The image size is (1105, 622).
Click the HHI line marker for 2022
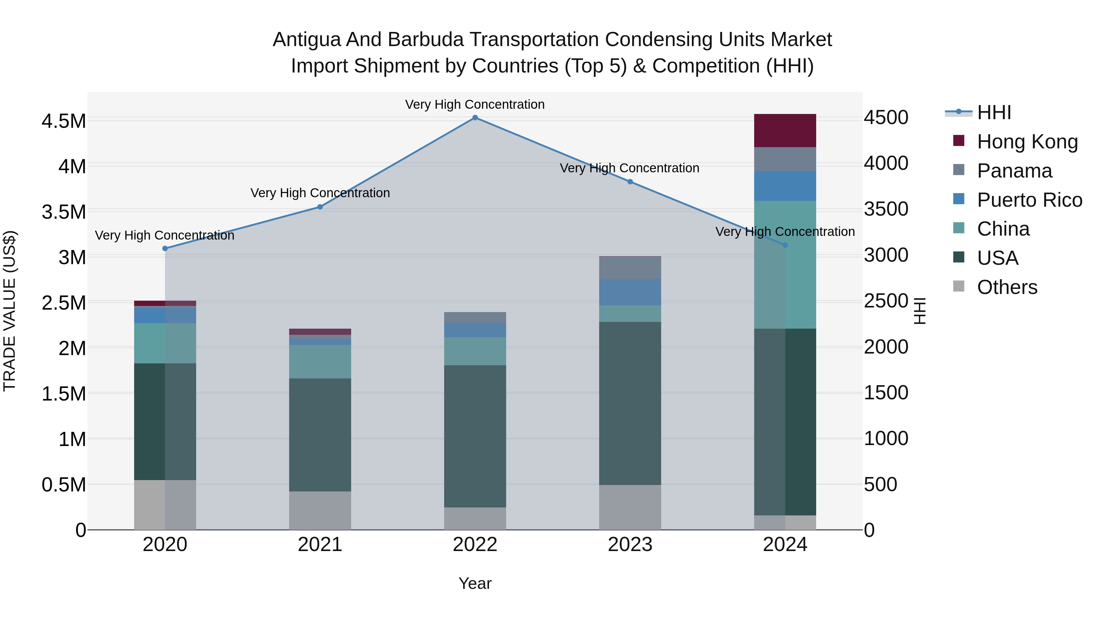pyautogui.click(x=475, y=118)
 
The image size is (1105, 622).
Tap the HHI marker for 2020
pyautogui.click(x=165, y=248)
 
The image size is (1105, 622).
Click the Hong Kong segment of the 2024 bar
pyautogui.click(x=785, y=131)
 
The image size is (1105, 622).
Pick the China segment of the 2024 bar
pyautogui.click(x=785, y=264)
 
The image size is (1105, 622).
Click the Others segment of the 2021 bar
pyautogui.click(x=320, y=511)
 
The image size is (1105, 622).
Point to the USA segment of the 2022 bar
pyautogui.click(x=475, y=436)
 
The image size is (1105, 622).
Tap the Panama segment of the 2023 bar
pyautogui.click(x=630, y=268)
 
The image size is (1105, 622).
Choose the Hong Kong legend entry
pyautogui.click(x=1027, y=142)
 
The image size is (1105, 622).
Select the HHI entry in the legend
pyautogui.click(x=994, y=112)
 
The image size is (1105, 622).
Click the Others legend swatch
pyautogui.click(x=959, y=286)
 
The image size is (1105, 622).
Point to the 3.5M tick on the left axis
pyautogui.click(x=64, y=212)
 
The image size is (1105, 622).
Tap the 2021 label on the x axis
pyautogui.click(x=320, y=545)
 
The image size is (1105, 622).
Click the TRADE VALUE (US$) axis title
pyautogui.click(x=10, y=311)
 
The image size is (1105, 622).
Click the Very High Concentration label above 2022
pyautogui.click(x=475, y=105)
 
